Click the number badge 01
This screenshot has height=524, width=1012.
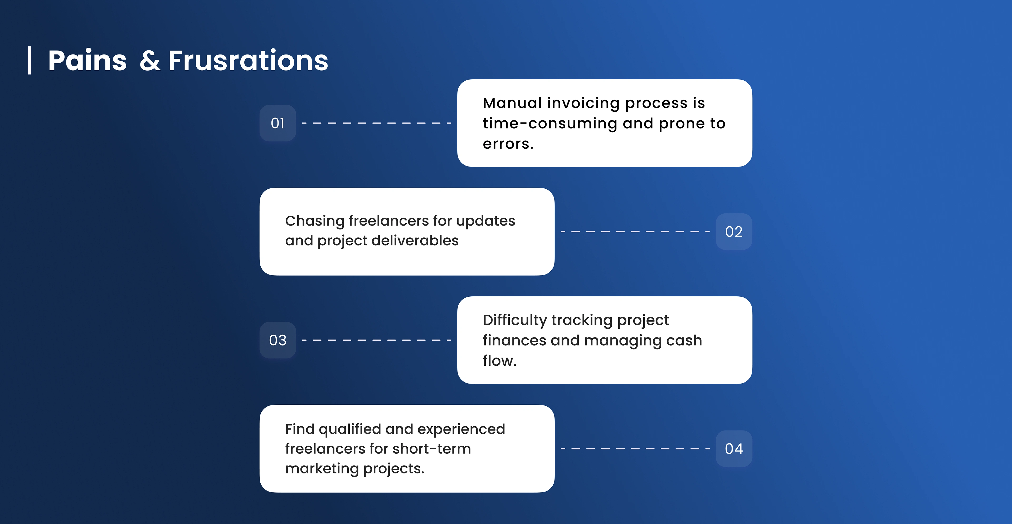pyautogui.click(x=278, y=123)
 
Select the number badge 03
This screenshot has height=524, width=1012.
pyautogui.click(x=278, y=340)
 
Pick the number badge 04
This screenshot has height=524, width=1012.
pyautogui.click(x=734, y=449)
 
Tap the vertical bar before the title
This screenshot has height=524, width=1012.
pyautogui.click(x=30, y=61)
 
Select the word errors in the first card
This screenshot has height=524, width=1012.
pyautogui.click(x=506, y=144)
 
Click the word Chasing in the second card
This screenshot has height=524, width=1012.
pyautogui.click(x=315, y=221)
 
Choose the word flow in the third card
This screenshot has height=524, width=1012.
pyautogui.click(x=498, y=361)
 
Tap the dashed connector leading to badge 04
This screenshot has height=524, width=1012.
pyautogui.click(x=635, y=449)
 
